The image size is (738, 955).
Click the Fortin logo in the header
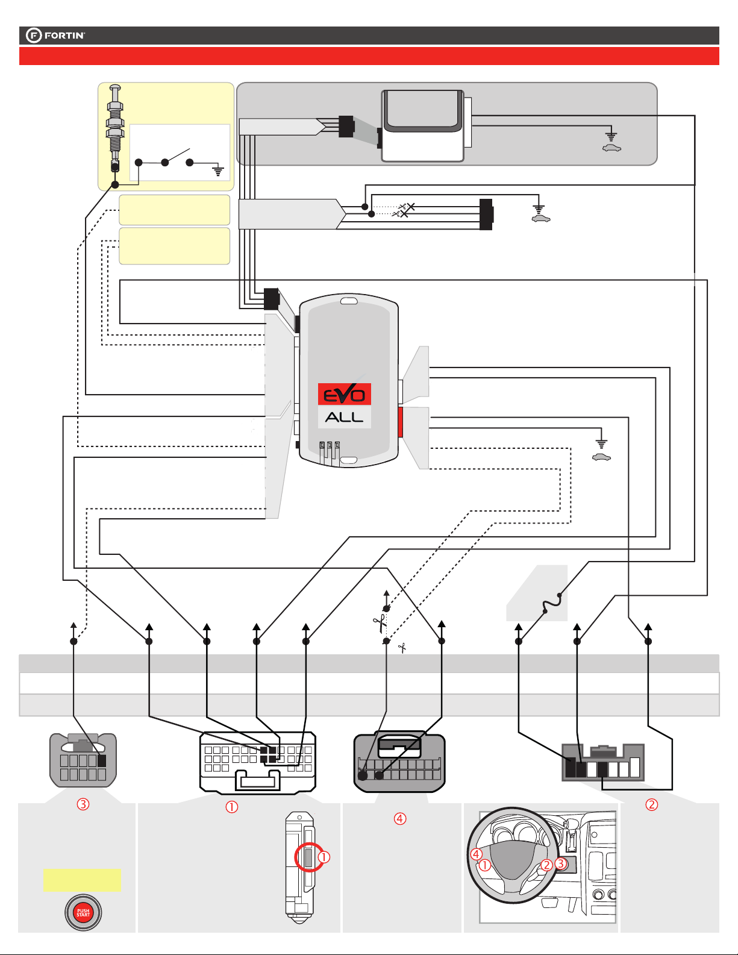(x=55, y=36)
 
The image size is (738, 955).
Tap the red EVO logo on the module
(x=345, y=395)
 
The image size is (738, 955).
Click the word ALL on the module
(x=345, y=417)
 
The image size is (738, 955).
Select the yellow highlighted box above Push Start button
(x=82, y=880)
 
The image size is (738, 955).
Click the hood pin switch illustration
(x=115, y=130)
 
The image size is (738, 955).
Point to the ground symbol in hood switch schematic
(x=218, y=171)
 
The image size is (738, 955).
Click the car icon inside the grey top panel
(x=611, y=148)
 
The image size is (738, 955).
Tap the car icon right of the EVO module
(x=601, y=457)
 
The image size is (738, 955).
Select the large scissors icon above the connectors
(x=380, y=623)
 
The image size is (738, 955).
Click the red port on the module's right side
(x=400, y=422)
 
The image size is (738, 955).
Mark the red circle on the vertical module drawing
(x=308, y=857)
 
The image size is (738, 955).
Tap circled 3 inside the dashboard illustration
(x=561, y=863)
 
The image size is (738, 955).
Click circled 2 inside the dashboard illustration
(x=546, y=865)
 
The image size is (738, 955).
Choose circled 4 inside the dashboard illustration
(x=477, y=854)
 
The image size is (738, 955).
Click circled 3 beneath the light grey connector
(x=83, y=804)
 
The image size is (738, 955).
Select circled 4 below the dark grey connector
(x=400, y=818)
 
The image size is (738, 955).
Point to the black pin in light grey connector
(x=102, y=761)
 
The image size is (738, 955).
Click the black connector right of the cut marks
(x=486, y=214)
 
